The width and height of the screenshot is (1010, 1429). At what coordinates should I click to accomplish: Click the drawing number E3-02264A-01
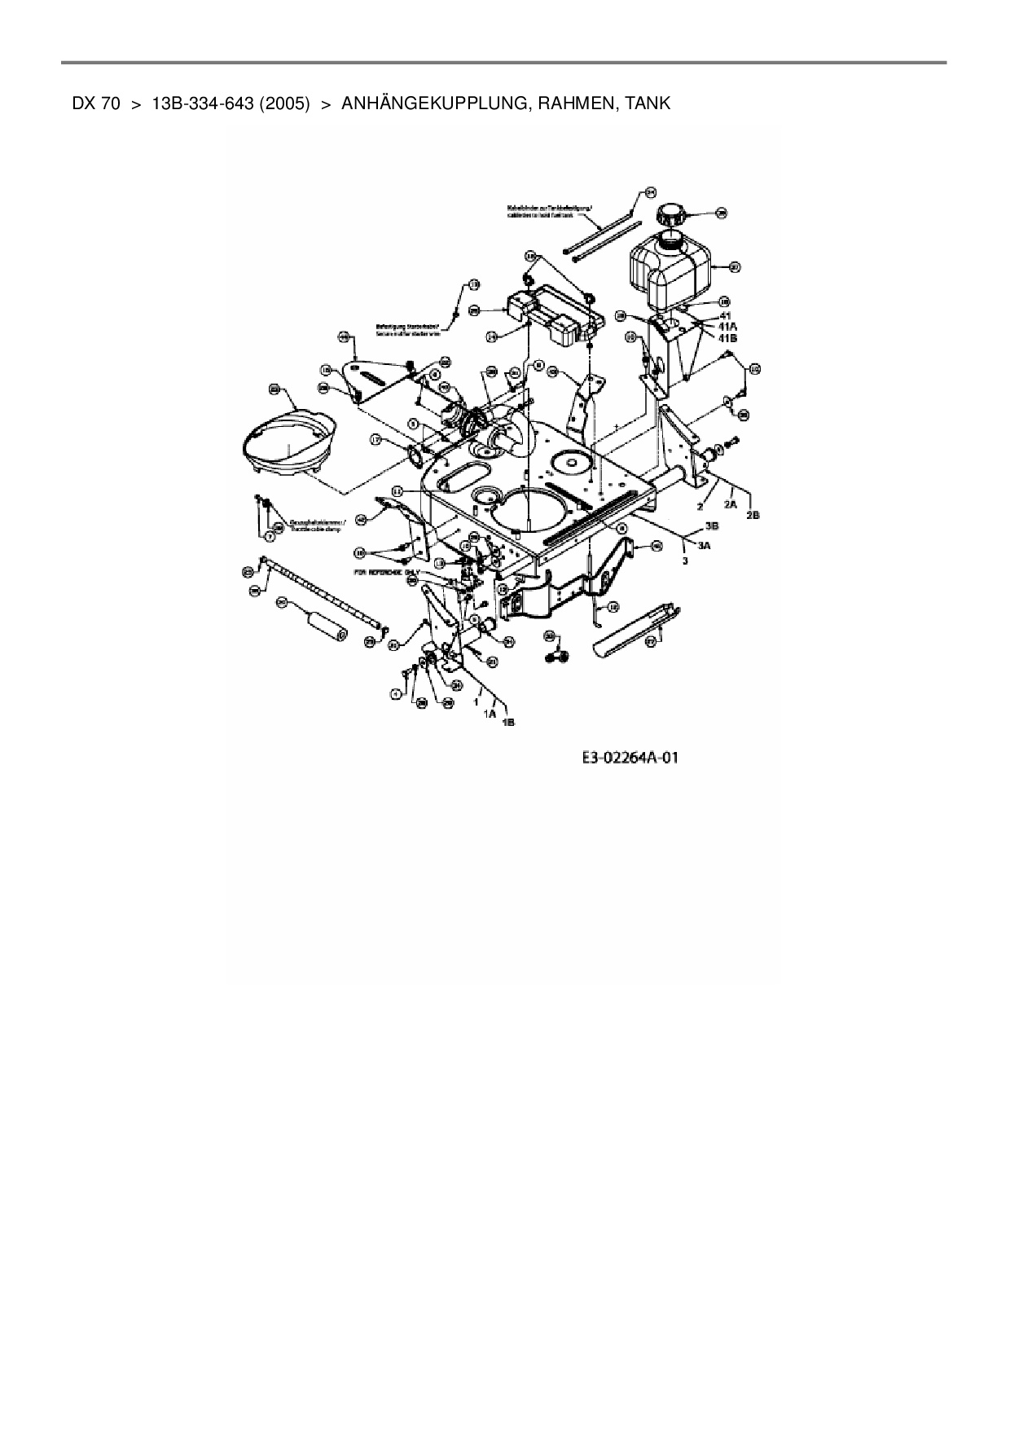(x=630, y=758)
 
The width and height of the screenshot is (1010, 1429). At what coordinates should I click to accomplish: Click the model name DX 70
(x=96, y=103)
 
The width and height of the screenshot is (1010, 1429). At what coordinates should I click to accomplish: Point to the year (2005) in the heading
(x=284, y=103)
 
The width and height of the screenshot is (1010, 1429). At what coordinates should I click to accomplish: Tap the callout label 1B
(x=508, y=721)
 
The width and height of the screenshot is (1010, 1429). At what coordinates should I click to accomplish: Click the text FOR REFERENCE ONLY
(x=386, y=572)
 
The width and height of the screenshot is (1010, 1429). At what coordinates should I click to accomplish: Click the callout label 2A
(x=731, y=504)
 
